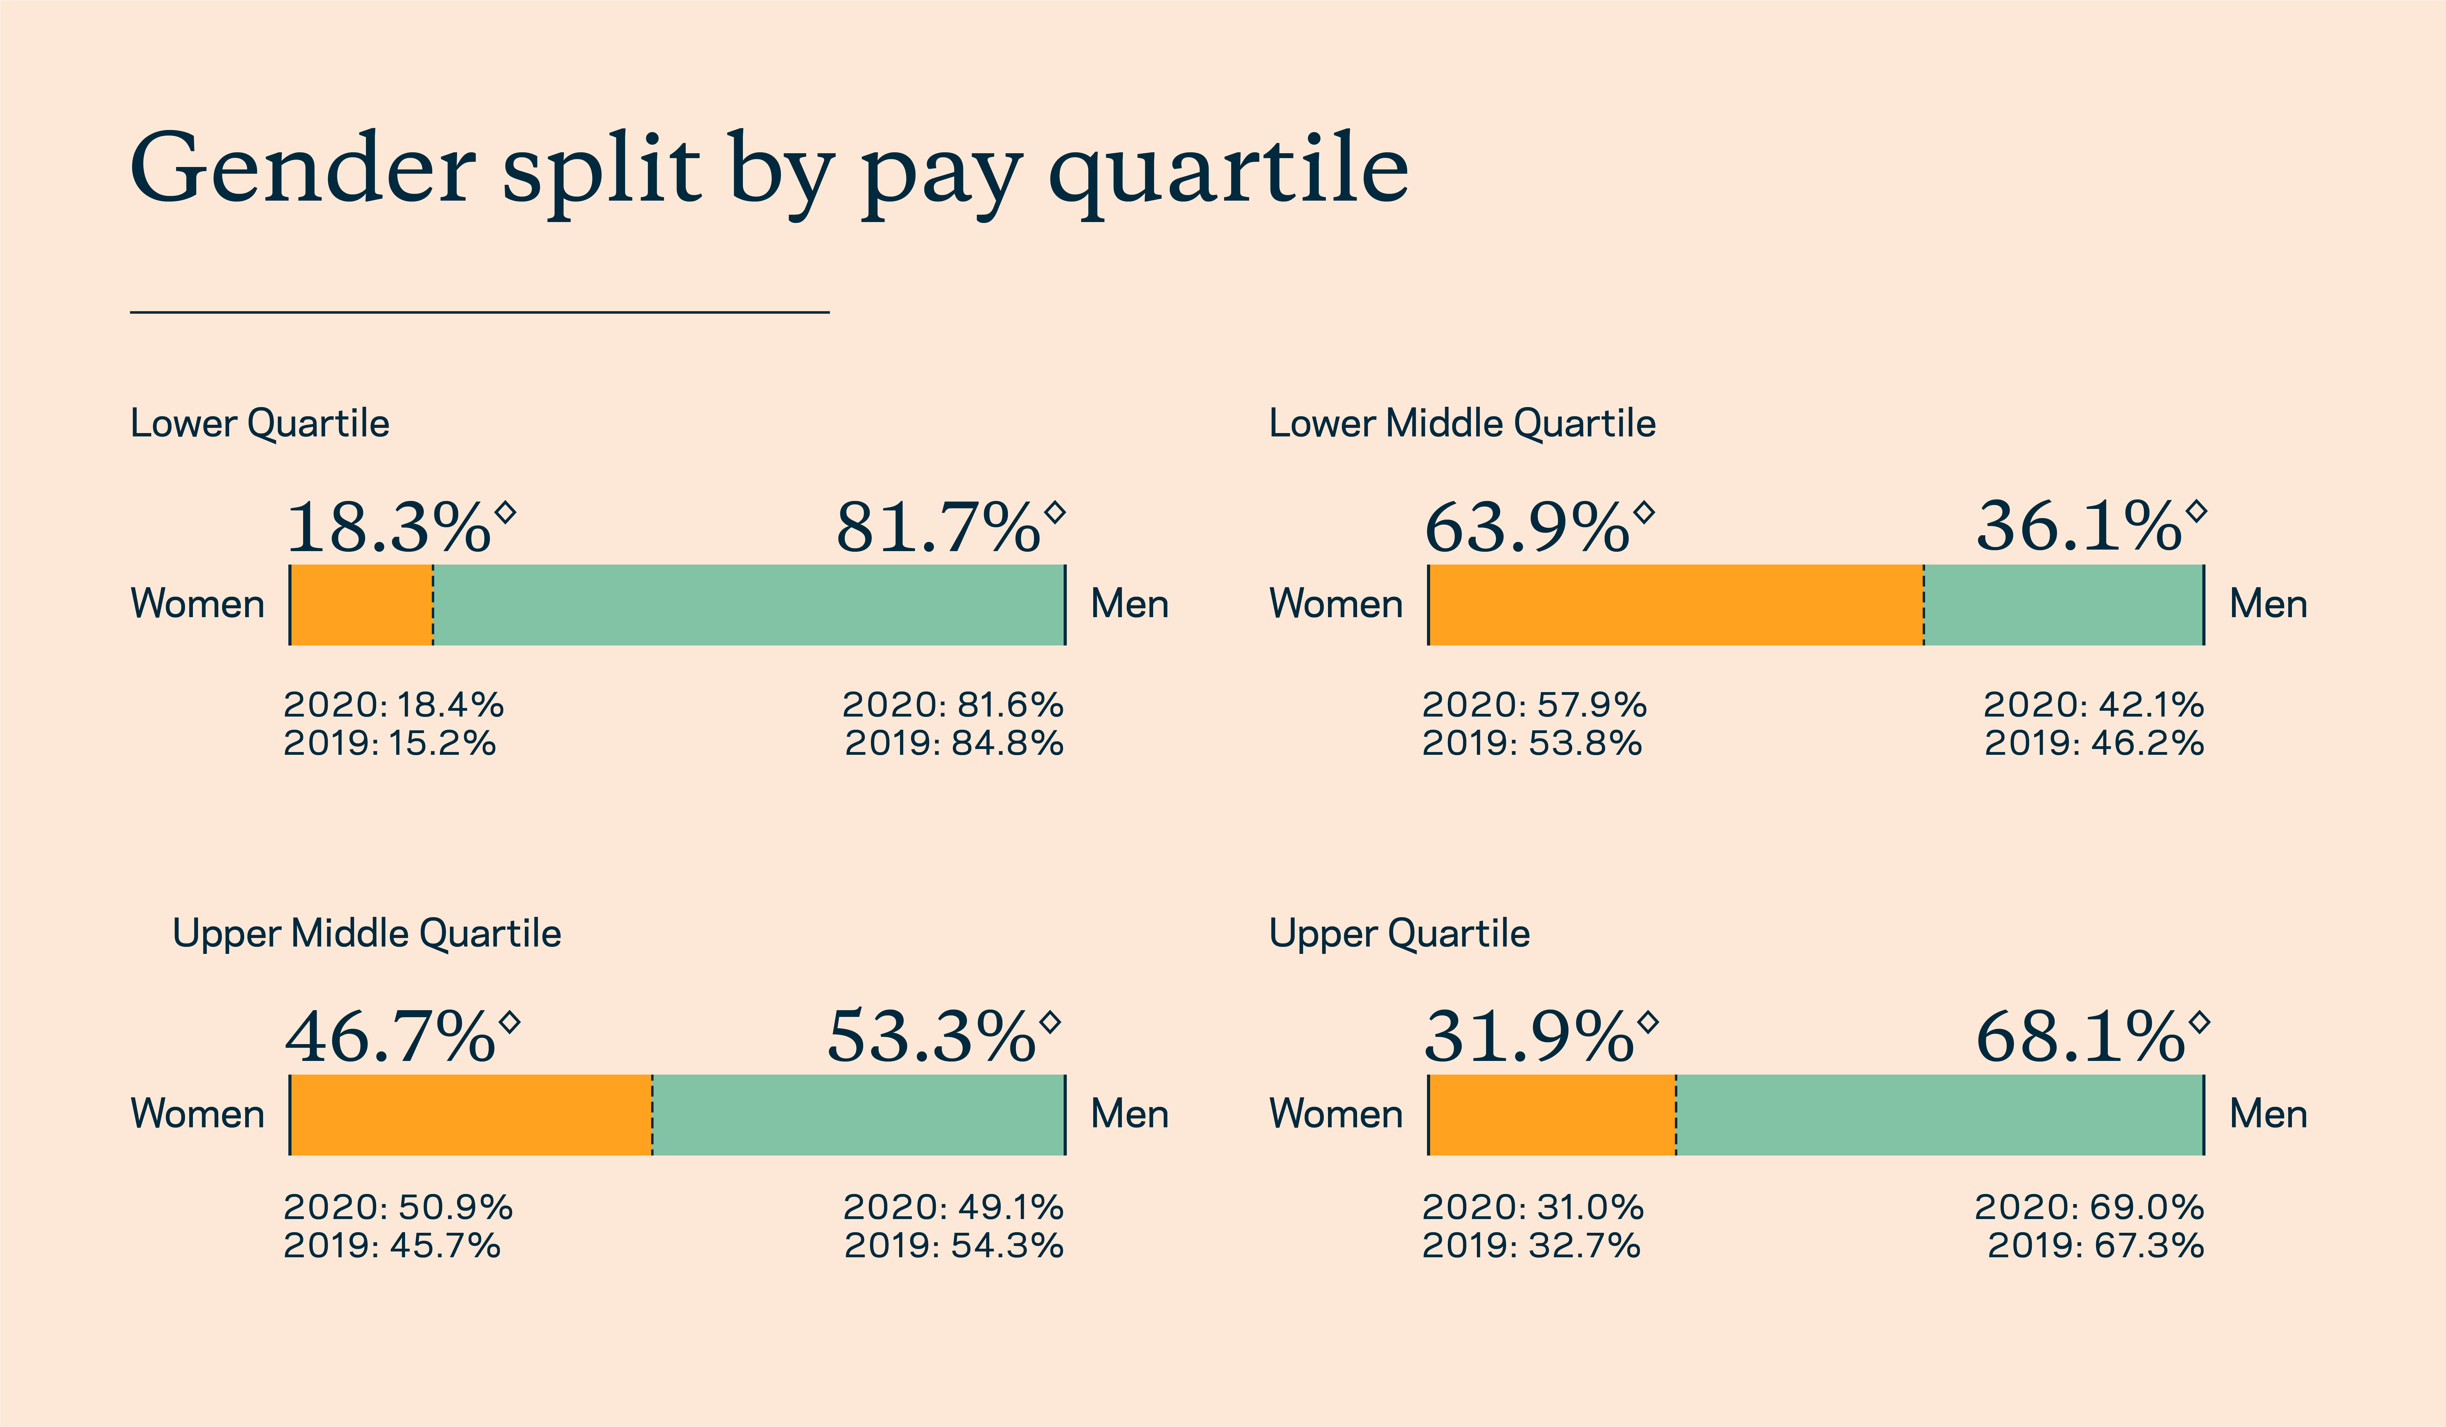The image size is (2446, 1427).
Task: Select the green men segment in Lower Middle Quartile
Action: click(x=2064, y=605)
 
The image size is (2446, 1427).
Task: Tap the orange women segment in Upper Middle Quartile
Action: click(x=472, y=1114)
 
